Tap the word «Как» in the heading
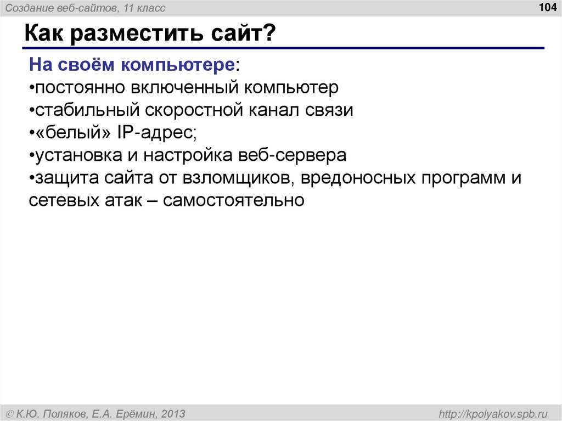click(44, 36)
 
